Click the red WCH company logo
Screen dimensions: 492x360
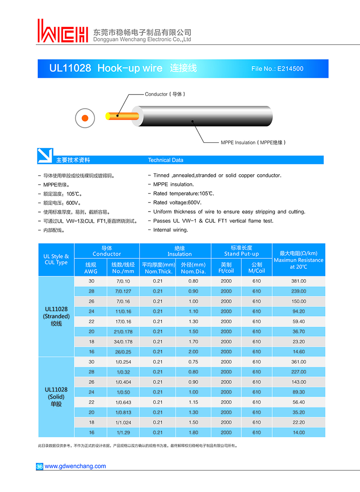pos(63,32)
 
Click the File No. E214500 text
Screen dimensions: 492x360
pos(277,69)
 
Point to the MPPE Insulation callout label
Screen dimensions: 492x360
pos(253,142)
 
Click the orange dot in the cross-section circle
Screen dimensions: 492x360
pos(84,118)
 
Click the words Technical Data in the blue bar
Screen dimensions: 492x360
pos(166,160)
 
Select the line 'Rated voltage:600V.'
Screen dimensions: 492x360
pos(177,203)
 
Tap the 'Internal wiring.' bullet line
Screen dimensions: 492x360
pos(171,230)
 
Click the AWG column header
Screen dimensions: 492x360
pos(90,268)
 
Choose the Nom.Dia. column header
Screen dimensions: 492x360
pos(193,268)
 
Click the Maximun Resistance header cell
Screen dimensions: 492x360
pos(298,260)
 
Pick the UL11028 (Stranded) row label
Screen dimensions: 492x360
pos(56,316)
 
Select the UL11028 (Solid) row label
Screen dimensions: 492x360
pos(56,397)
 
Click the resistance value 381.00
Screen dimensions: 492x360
pos(299,281)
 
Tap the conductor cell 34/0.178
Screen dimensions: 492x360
pos(122,342)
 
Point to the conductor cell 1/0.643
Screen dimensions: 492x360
pos(122,402)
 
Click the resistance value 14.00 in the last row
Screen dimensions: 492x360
pos(299,433)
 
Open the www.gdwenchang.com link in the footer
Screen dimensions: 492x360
pos(75,466)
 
